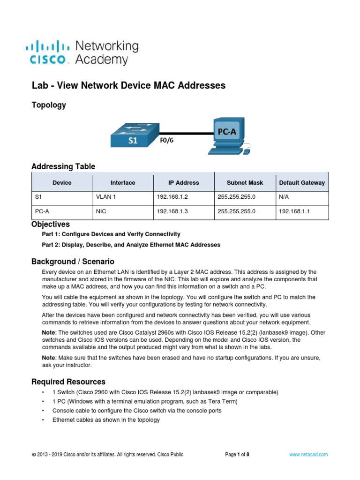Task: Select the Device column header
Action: click(x=62, y=183)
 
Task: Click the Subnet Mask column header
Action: click(x=245, y=183)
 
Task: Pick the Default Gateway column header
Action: click(x=301, y=183)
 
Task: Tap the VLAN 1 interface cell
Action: click(x=106, y=197)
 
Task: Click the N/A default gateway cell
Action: click(x=284, y=197)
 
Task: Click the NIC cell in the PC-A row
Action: click(x=101, y=211)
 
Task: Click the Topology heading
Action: click(x=48, y=105)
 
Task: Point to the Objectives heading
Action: click(x=50, y=224)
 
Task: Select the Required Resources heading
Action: click(x=68, y=382)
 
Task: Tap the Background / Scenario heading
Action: click(x=73, y=261)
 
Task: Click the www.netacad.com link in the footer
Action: click(x=308, y=454)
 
